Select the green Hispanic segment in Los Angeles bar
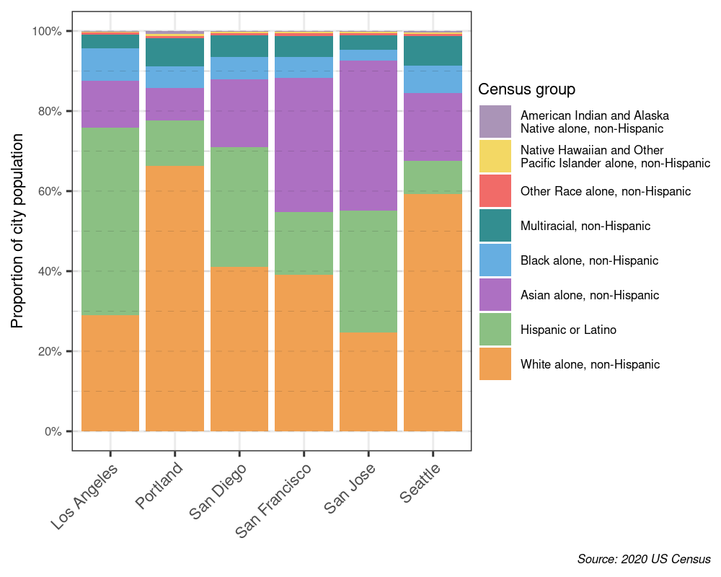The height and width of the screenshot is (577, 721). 110,221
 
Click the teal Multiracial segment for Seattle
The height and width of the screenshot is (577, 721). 433,50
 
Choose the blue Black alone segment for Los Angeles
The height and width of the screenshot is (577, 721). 110,64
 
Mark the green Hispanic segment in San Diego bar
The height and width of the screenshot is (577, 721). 239,207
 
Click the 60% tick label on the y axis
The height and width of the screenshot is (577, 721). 50,191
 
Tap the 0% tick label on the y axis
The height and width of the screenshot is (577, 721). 53,431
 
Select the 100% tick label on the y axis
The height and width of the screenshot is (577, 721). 48,31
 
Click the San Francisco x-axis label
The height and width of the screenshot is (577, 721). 275,501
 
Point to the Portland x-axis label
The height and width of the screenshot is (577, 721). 160,485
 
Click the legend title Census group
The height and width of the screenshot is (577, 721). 526,89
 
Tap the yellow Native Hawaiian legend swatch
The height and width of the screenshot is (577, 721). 495,157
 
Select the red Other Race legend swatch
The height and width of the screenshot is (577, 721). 495,191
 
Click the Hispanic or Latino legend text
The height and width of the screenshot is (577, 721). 568,330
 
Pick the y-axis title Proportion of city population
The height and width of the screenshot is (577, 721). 18,231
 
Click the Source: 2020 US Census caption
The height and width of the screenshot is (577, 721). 644,559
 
